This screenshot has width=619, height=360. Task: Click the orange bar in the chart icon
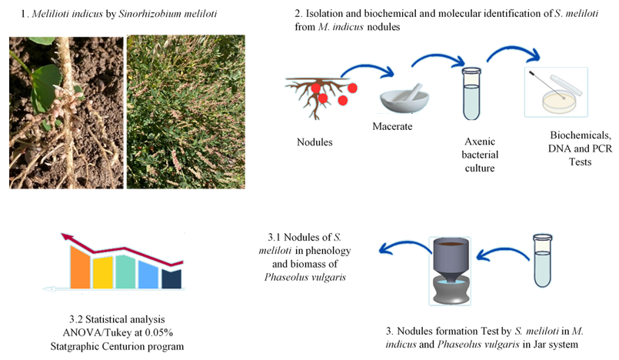[81, 267]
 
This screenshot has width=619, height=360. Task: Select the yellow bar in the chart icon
[103, 272]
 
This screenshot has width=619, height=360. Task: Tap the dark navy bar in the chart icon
[171, 278]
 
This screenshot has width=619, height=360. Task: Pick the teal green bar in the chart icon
[125, 272]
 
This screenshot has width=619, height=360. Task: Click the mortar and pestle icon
[404, 98]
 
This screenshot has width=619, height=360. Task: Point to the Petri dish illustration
[556, 92]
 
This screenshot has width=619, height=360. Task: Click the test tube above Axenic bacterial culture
[471, 94]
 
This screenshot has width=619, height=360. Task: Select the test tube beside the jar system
[542, 261]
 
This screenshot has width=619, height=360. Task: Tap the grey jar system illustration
[450, 271]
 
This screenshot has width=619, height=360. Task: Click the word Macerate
[392, 126]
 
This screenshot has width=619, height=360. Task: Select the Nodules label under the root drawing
[314, 142]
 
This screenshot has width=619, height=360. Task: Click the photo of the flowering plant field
[186, 112]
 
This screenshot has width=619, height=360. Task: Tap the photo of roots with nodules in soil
[66, 112]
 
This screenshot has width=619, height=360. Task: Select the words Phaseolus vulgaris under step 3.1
[305, 277]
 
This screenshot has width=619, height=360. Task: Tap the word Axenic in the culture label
[480, 142]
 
